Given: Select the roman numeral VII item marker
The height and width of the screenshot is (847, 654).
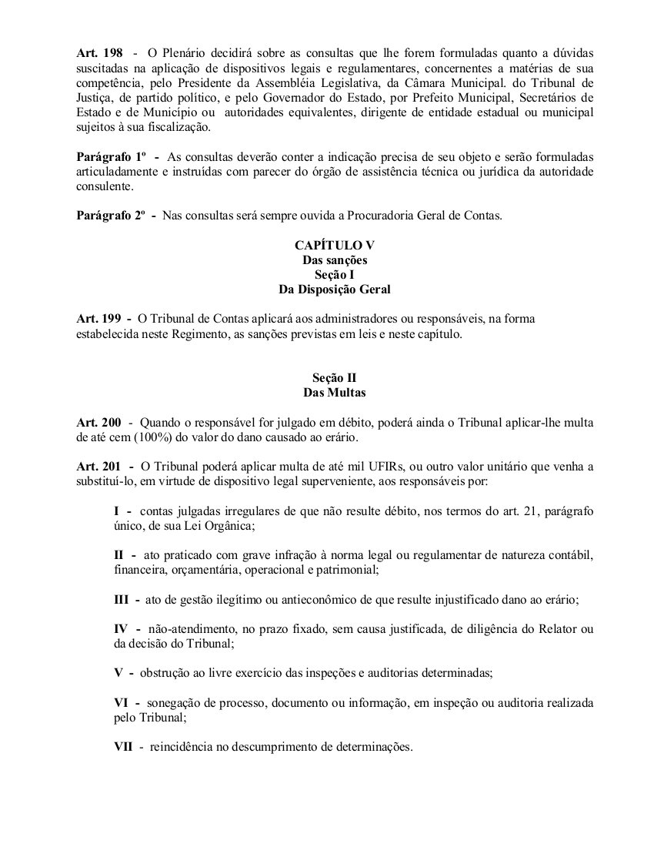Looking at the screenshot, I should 123,746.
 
